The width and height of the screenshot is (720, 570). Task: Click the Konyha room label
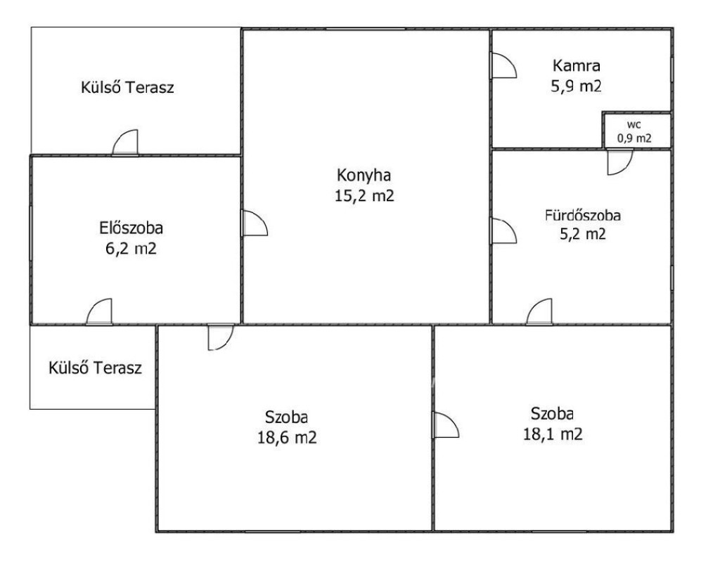(364, 176)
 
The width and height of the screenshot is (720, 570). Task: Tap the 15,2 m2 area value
(364, 196)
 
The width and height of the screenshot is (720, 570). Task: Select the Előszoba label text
(131, 228)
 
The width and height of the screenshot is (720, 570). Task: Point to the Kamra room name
(577, 65)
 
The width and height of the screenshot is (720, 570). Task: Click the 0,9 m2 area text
(634, 138)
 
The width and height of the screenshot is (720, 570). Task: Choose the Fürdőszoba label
(583, 215)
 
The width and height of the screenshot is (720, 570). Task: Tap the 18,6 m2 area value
(287, 437)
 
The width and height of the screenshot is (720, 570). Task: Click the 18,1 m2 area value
(553, 434)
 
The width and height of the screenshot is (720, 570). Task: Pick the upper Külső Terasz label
(128, 87)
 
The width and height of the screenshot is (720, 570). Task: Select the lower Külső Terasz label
(95, 368)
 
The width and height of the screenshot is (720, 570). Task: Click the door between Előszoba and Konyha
(255, 223)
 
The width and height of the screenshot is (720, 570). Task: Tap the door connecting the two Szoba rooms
(446, 425)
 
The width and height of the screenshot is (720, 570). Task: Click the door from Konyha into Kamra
(503, 65)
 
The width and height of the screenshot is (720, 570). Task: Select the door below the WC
(620, 162)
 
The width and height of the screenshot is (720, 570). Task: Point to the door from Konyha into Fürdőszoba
(503, 231)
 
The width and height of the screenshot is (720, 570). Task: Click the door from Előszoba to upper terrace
(125, 142)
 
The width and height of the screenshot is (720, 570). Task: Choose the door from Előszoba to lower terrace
(98, 311)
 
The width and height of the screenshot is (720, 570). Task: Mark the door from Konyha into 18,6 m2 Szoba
(221, 337)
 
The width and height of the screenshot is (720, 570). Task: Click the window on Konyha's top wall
(366, 29)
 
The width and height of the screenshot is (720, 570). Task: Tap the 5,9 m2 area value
(577, 86)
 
